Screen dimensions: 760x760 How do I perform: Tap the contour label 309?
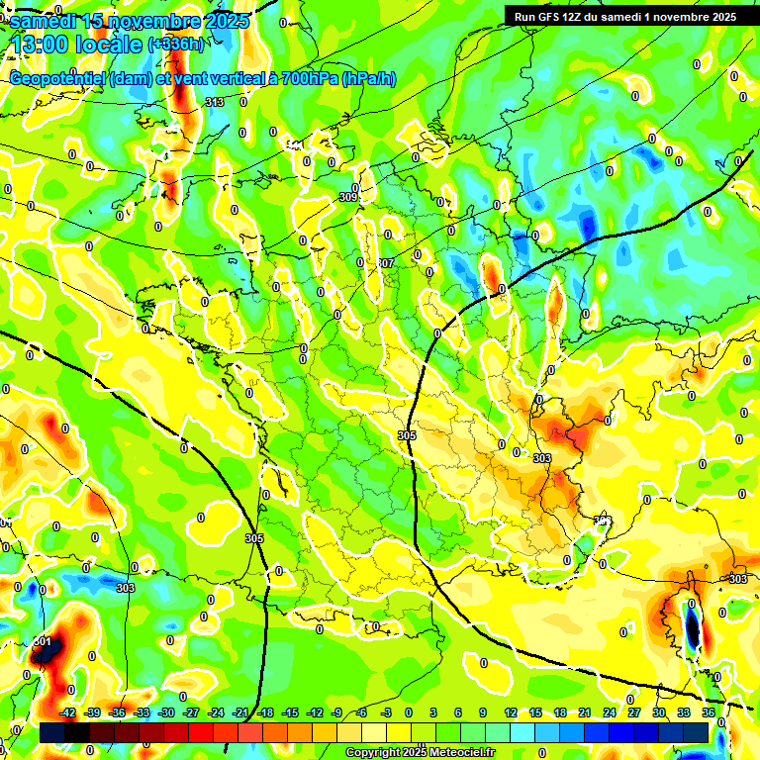click(347, 197)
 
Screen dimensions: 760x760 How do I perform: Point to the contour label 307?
click(386, 263)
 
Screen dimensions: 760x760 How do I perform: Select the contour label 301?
click(42, 641)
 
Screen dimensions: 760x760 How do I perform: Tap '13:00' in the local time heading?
click(38, 45)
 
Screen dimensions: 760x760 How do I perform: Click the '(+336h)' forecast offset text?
click(175, 44)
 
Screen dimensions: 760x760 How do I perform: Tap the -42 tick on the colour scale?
click(68, 712)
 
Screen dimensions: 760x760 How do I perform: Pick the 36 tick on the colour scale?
click(708, 712)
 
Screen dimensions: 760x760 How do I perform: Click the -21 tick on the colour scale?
click(240, 712)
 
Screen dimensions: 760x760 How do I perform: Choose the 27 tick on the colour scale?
click(634, 712)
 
